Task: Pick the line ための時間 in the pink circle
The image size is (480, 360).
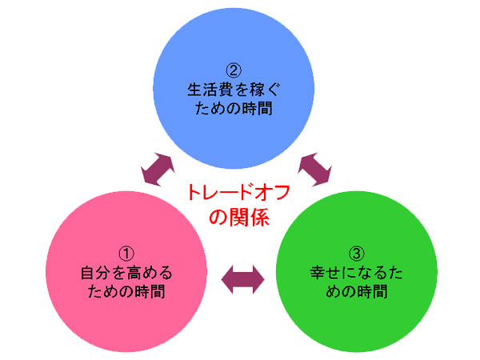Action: coord(126,293)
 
